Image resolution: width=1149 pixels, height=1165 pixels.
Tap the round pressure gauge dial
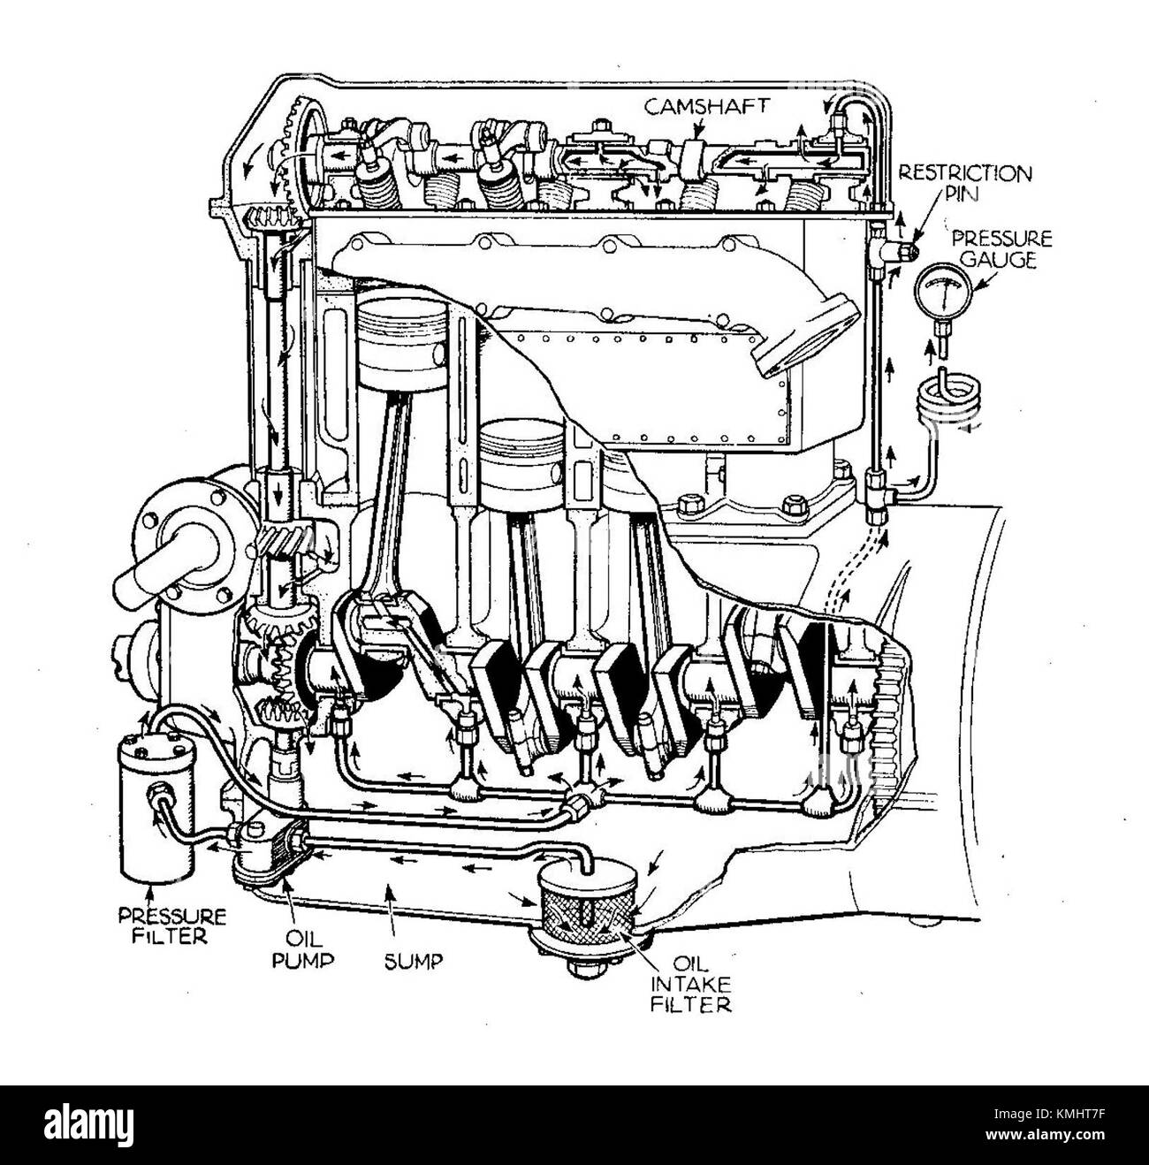(x=940, y=293)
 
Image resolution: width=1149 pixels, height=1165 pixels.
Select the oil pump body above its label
(x=270, y=849)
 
